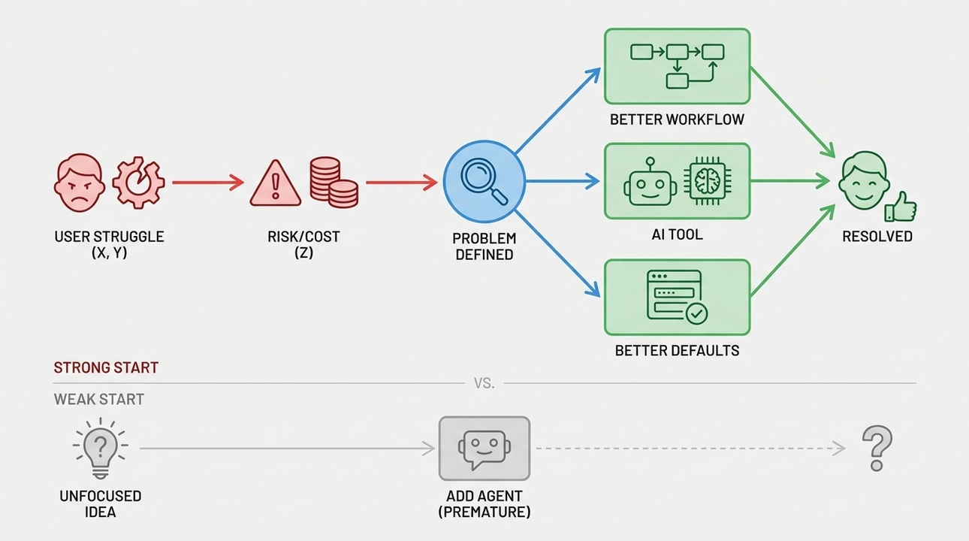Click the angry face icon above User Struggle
(x=79, y=183)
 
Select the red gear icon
(x=138, y=183)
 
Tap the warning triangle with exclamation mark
(x=275, y=183)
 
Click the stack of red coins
(x=334, y=183)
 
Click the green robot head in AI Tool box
(x=650, y=183)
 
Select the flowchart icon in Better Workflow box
(x=677, y=65)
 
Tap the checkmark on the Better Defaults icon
(x=697, y=313)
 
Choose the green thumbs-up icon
(x=901, y=207)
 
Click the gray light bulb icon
(x=100, y=449)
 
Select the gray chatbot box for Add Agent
(x=484, y=449)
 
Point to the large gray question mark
(x=877, y=448)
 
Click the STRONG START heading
(x=106, y=368)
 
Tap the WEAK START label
(x=98, y=399)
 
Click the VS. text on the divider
(x=484, y=383)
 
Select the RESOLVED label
(x=877, y=237)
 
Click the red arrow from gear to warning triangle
(x=207, y=182)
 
